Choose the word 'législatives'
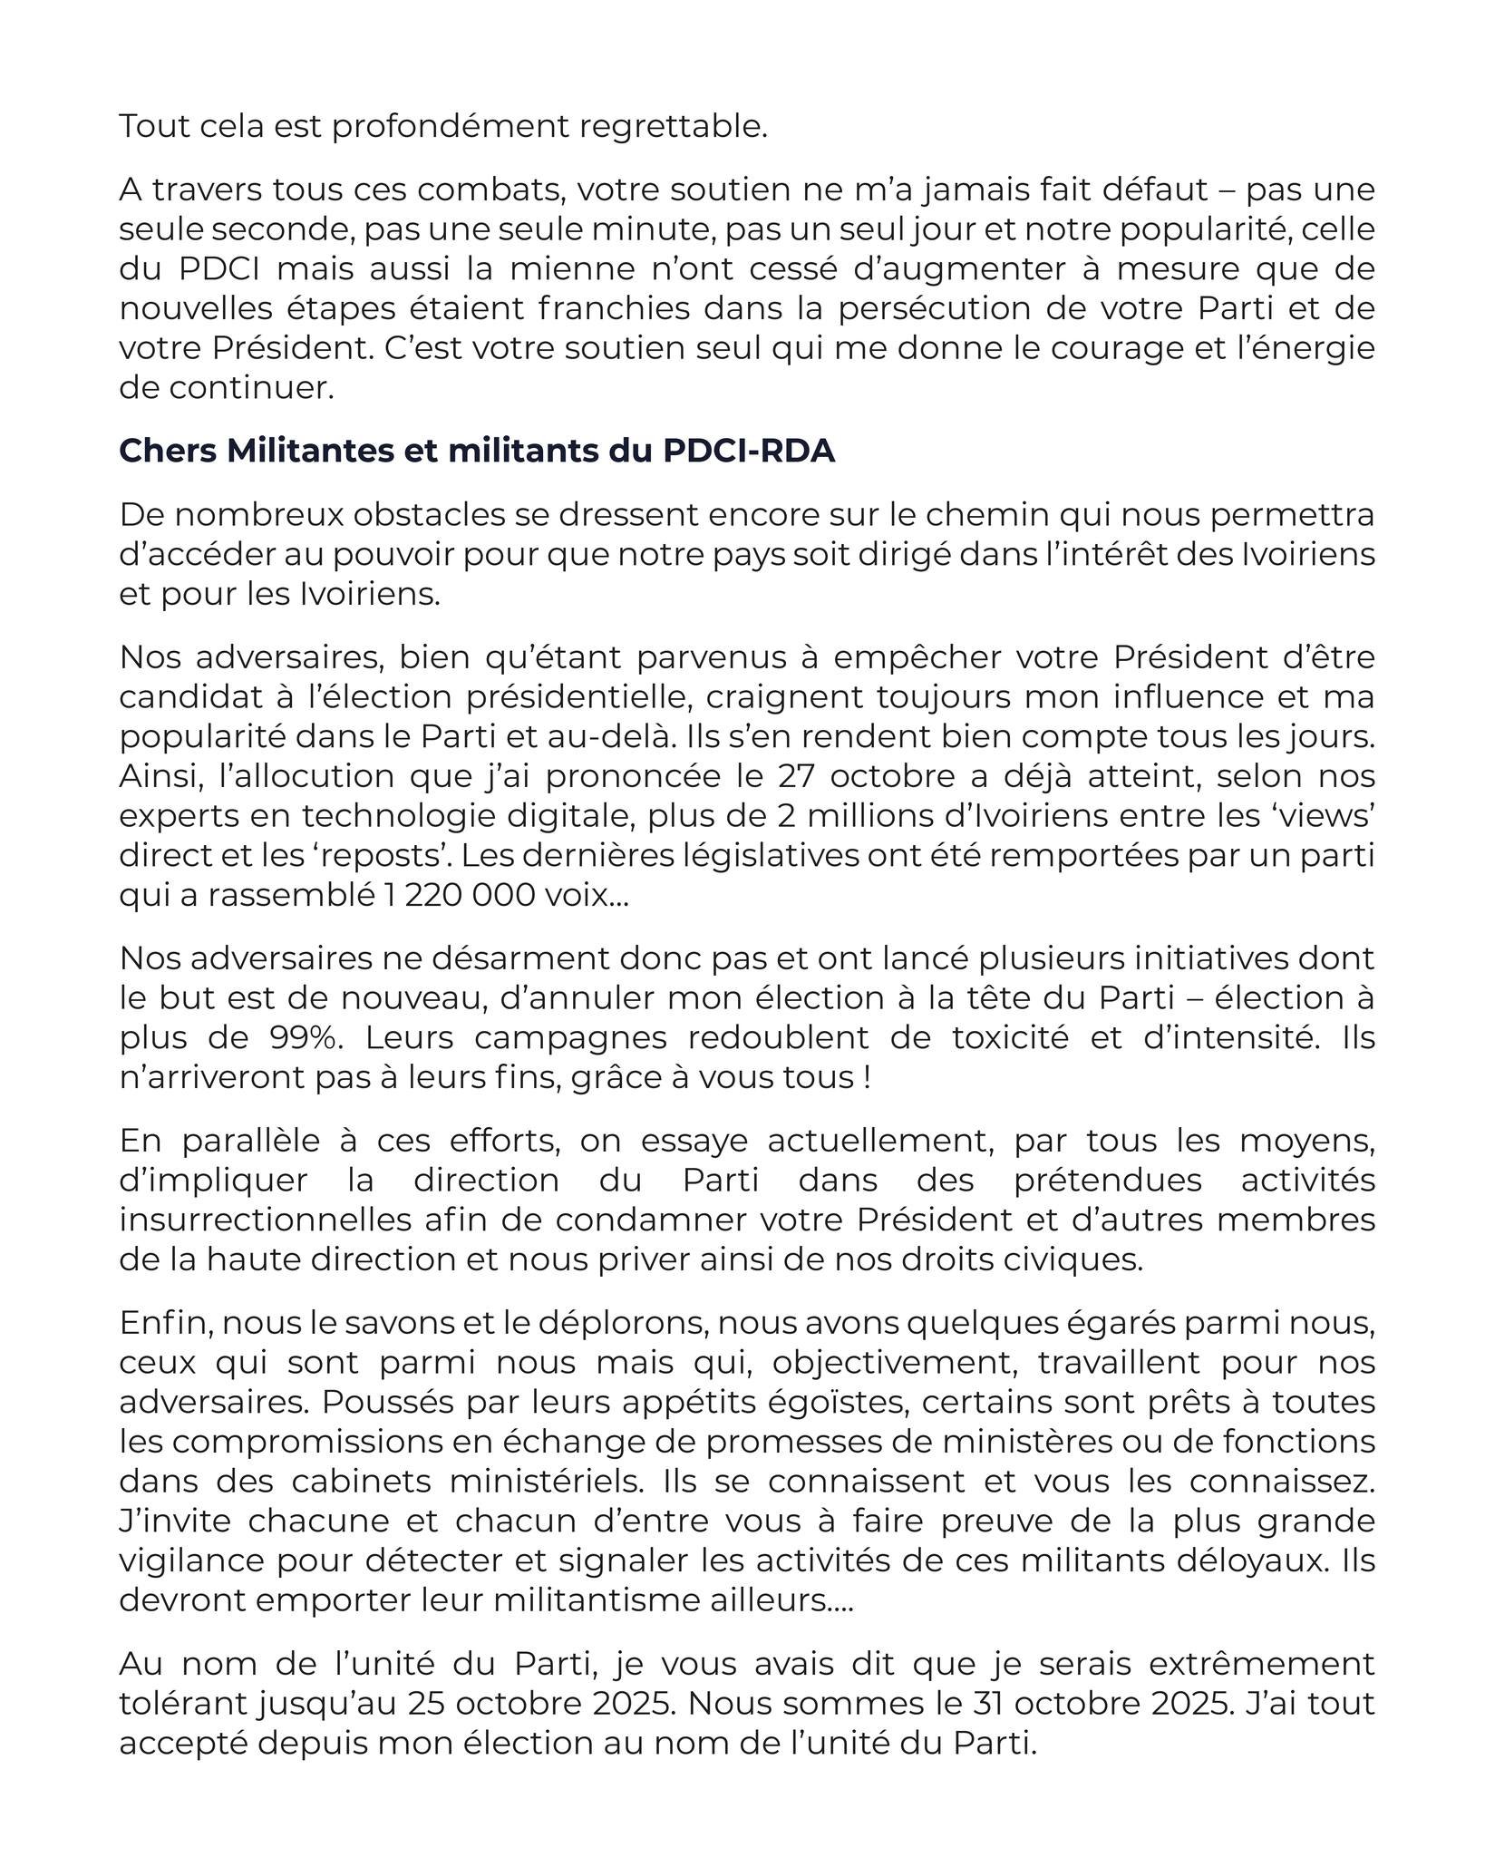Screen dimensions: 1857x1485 736,856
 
